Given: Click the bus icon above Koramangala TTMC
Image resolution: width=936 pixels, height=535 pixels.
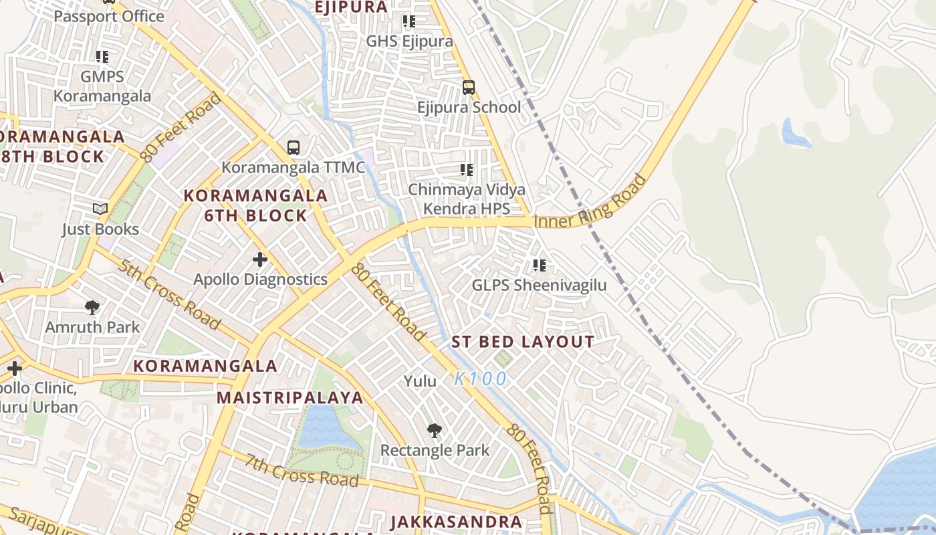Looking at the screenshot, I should click(293, 148).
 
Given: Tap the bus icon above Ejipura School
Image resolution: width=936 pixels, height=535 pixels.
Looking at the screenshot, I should click(469, 88).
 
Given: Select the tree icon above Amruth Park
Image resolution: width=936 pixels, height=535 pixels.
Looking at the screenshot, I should click(92, 308).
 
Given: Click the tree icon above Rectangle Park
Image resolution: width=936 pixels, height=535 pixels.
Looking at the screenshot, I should click(435, 430).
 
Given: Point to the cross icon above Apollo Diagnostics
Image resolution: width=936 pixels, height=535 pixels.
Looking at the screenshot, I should click(260, 259).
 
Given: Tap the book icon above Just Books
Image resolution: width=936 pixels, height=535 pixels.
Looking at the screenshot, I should click(100, 209).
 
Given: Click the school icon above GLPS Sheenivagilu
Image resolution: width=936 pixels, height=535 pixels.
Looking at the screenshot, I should click(540, 265).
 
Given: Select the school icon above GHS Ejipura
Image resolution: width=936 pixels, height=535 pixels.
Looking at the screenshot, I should click(409, 21).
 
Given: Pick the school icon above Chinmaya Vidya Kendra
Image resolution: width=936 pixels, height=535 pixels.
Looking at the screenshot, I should click(467, 170).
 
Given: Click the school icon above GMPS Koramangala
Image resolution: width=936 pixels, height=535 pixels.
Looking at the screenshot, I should click(102, 57).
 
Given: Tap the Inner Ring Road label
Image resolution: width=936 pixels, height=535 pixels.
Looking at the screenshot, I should click(591, 203).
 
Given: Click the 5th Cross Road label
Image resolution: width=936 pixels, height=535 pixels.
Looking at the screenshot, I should click(168, 294).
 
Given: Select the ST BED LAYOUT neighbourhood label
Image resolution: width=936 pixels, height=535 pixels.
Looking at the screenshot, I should click(523, 342).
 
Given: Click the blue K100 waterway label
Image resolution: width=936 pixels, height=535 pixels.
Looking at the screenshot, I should click(481, 379).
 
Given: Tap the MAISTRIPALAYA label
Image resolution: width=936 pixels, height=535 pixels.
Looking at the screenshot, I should click(290, 398).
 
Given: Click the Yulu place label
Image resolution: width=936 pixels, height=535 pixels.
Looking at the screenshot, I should click(420, 382).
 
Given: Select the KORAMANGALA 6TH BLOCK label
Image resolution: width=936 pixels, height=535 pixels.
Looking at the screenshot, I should click(256, 205).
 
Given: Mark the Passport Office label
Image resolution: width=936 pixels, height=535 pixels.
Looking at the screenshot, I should click(109, 16).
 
